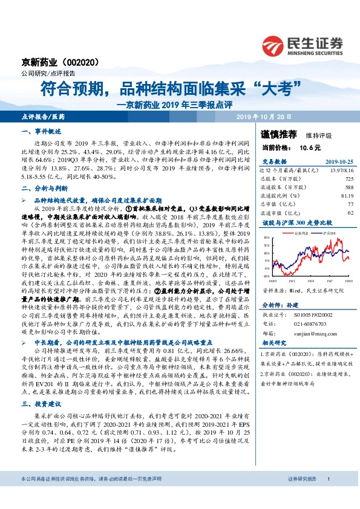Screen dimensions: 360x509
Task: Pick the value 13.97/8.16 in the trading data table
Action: (x=341, y=170)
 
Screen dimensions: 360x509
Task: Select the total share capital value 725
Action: (x=349, y=179)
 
